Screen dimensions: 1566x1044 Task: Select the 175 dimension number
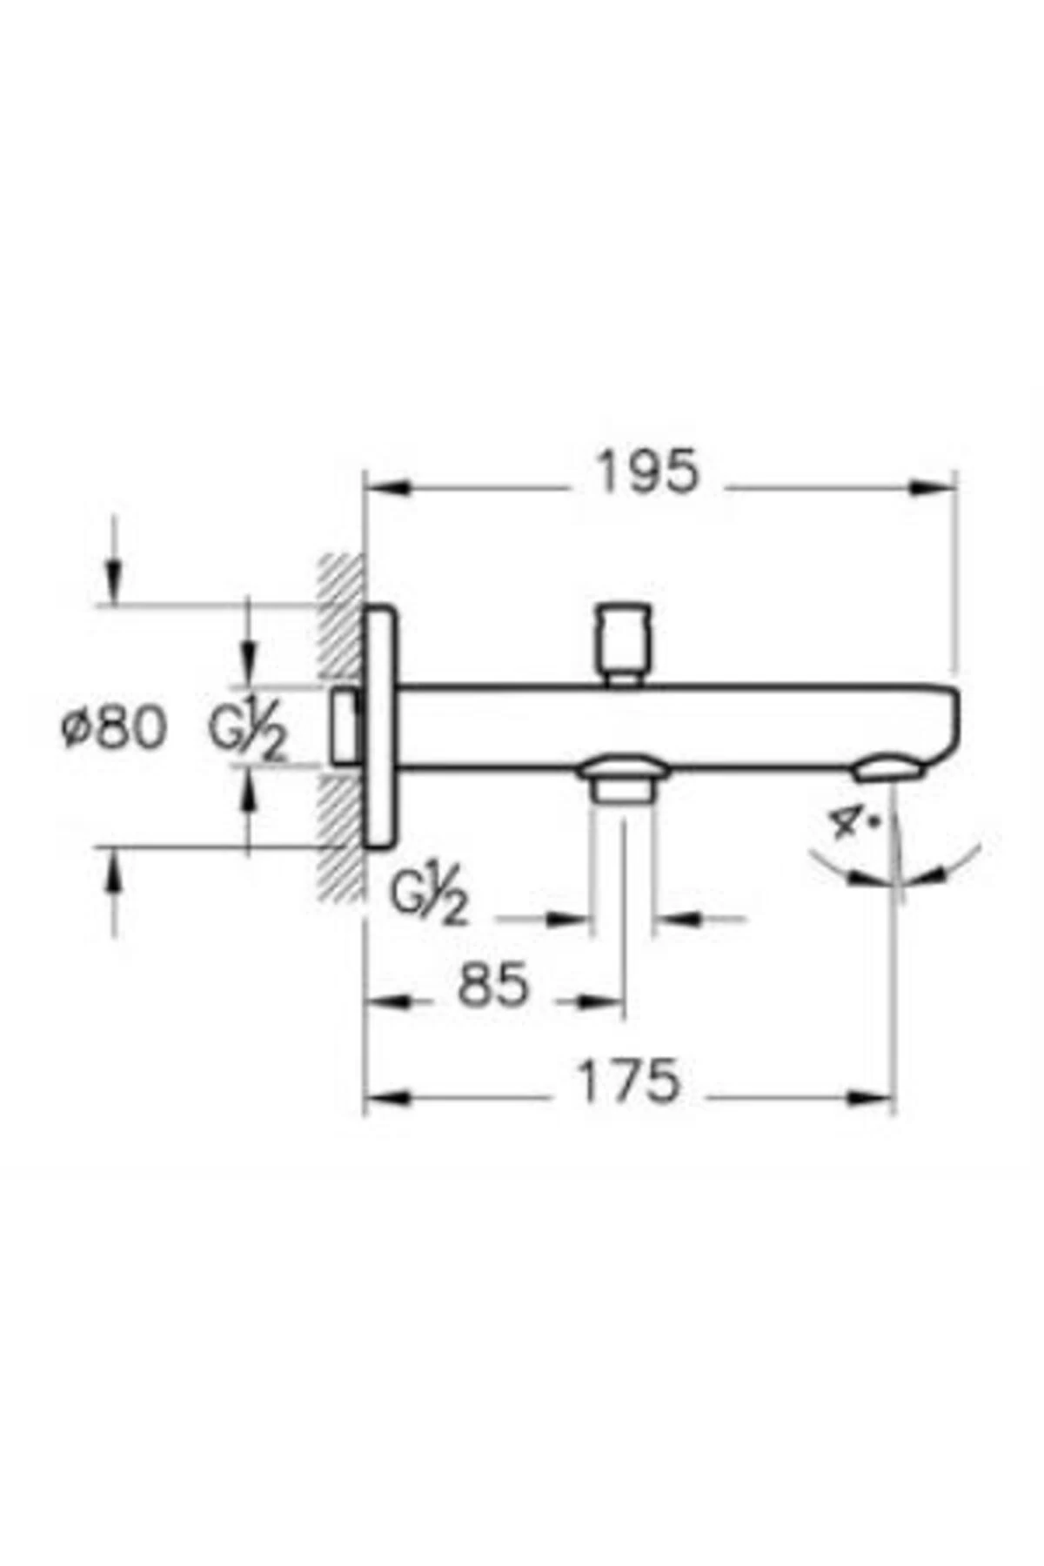coord(629,1081)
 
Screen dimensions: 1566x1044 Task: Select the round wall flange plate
coord(379,726)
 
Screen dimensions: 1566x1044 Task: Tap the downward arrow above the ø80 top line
coord(113,579)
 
